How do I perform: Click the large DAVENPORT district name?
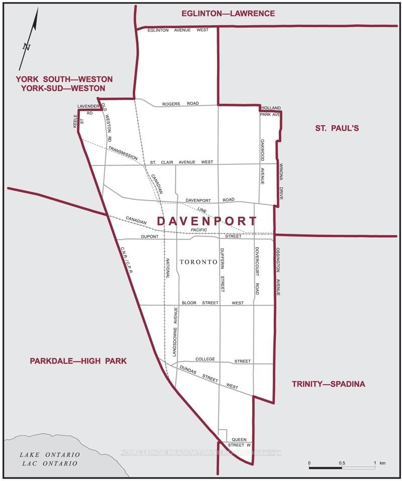(x=207, y=221)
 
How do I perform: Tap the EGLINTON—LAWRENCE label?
(x=228, y=14)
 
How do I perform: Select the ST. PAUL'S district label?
(x=337, y=128)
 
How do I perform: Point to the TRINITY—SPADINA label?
(x=329, y=384)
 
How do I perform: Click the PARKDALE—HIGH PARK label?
(x=78, y=361)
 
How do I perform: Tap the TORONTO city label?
(x=198, y=262)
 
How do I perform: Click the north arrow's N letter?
(x=27, y=47)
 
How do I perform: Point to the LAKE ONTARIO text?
(x=49, y=455)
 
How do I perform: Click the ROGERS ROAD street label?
(x=180, y=104)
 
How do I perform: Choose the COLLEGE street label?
(x=205, y=359)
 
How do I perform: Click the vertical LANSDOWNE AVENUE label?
(x=175, y=332)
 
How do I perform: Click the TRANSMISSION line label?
(x=123, y=153)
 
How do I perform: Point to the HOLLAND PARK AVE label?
(x=270, y=111)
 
